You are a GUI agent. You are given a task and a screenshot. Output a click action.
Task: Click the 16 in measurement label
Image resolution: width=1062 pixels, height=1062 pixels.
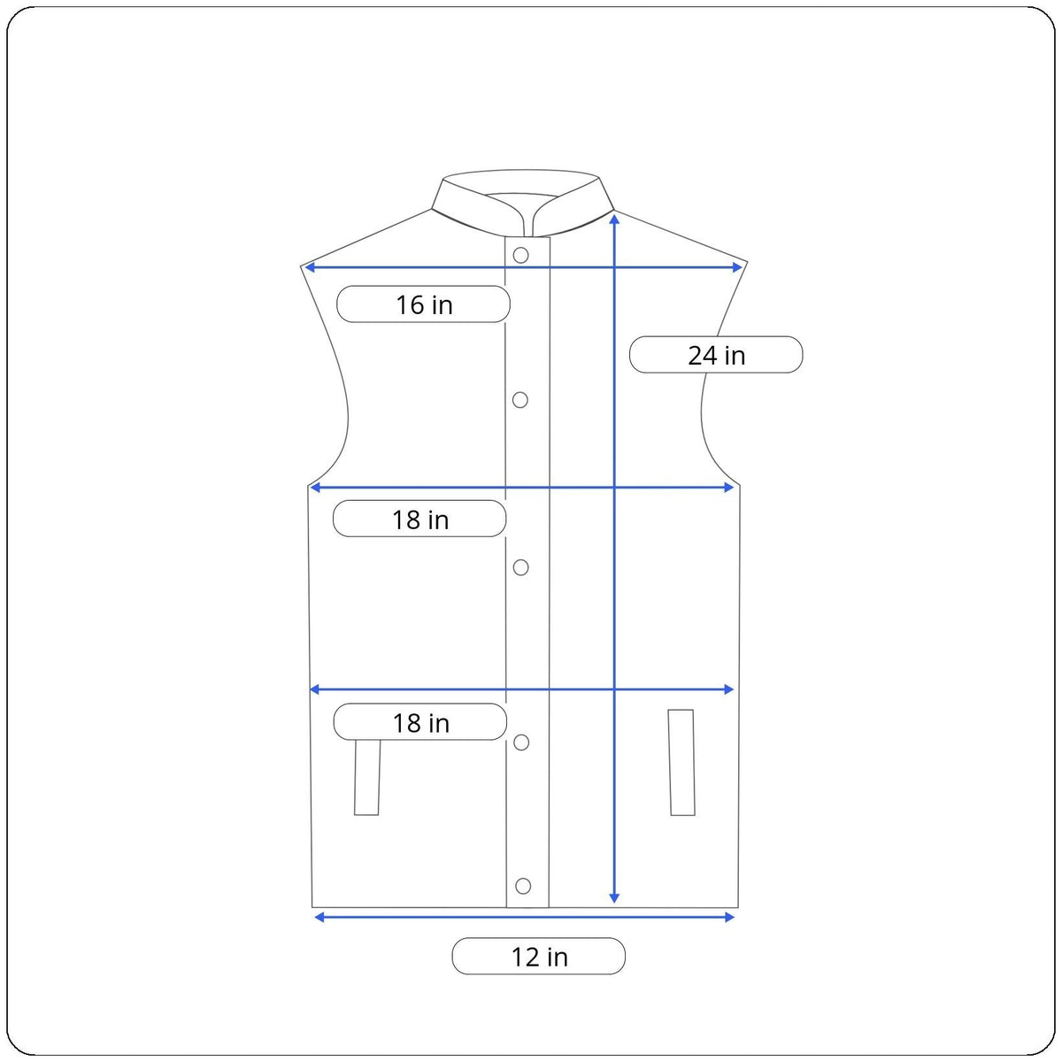pyautogui.click(x=423, y=304)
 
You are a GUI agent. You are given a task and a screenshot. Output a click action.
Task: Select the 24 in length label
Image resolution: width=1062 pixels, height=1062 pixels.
pyautogui.click(x=716, y=354)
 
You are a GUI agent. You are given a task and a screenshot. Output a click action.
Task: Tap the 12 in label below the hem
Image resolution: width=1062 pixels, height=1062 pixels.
pyautogui.click(x=538, y=956)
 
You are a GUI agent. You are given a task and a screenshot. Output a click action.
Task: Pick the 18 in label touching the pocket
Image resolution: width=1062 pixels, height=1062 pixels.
pyautogui.click(x=420, y=721)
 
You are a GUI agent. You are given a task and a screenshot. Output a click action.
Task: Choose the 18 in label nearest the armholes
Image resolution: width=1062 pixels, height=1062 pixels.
pyautogui.click(x=419, y=519)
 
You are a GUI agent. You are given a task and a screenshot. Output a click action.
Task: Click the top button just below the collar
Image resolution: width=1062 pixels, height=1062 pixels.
pyautogui.click(x=520, y=255)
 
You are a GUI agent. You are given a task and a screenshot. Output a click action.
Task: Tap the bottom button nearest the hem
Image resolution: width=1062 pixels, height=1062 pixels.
pyautogui.click(x=523, y=886)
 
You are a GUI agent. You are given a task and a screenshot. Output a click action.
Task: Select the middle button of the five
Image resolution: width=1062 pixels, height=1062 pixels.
pyautogui.click(x=520, y=567)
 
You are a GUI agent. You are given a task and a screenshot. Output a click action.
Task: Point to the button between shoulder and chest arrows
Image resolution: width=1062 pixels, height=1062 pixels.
pyautogui.click(x=520, y=400)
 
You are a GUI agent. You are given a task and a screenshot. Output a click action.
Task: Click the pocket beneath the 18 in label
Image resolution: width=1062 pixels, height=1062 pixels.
pyautogui.click(x=367, y=778)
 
